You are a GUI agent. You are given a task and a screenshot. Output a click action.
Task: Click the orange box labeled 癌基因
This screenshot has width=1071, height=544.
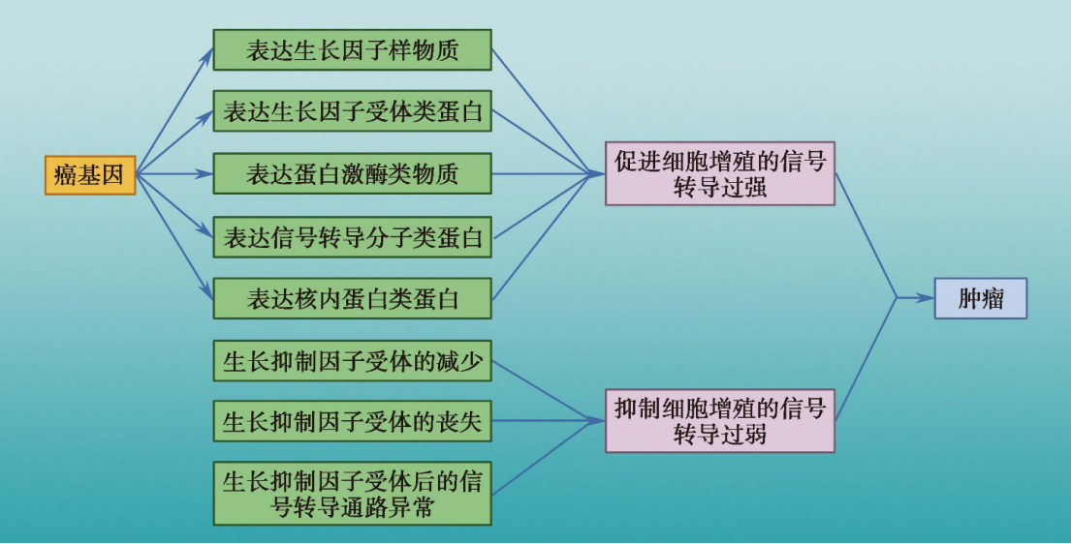89,175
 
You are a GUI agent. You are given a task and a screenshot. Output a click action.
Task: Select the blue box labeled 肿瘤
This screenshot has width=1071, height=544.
980,299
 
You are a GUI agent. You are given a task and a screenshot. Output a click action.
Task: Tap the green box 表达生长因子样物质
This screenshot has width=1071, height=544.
352,50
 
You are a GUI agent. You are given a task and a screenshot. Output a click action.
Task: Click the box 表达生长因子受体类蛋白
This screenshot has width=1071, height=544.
352,112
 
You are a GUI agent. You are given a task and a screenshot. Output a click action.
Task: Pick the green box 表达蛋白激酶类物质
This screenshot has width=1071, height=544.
352,175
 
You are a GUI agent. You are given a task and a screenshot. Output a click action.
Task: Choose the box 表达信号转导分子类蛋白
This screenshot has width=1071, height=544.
352,237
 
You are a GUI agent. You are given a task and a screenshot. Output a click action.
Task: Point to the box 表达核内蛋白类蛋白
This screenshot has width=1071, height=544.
352,299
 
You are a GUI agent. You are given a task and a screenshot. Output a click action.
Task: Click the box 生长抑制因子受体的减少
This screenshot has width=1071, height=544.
352,362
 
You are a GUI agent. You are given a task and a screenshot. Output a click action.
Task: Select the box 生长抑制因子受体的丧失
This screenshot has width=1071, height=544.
352,422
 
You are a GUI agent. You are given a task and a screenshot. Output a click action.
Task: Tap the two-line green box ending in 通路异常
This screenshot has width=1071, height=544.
352,494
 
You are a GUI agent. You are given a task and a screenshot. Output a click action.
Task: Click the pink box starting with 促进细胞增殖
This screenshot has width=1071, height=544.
719,174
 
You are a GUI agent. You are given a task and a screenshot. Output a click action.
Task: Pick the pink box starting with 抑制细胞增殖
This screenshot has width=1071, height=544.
719,421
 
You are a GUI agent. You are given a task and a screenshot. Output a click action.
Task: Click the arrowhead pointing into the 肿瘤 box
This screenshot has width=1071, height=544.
926,299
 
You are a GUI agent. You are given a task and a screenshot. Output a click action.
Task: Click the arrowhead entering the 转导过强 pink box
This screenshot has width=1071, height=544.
598,175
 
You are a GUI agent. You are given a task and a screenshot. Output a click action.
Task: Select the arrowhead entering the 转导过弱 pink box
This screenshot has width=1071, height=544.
598,421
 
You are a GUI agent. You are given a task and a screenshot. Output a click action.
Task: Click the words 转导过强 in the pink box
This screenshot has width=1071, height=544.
719,188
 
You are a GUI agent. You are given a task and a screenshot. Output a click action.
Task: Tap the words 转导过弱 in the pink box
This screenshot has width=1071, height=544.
719,435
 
